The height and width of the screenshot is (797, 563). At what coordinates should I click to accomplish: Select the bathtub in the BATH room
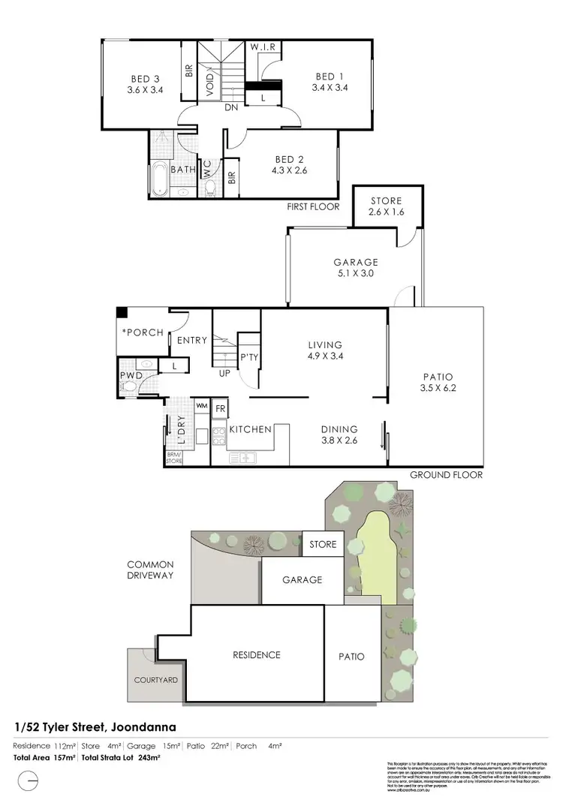coord(159,180)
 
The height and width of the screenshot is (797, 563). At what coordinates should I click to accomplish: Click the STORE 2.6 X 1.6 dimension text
coord(387,213)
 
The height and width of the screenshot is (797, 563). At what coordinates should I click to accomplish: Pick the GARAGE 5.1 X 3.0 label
coord(356,268)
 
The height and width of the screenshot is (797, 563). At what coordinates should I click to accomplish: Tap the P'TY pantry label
coord(249,359)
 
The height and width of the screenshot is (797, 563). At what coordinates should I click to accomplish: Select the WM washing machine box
coord(202,406)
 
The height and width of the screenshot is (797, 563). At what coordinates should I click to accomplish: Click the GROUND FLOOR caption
coord(446,475)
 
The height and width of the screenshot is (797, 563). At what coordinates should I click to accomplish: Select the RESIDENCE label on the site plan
coord(256,654)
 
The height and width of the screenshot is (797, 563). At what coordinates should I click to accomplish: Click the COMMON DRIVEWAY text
coord(150,570)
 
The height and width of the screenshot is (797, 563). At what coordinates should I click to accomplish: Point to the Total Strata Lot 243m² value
coord(137,759)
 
